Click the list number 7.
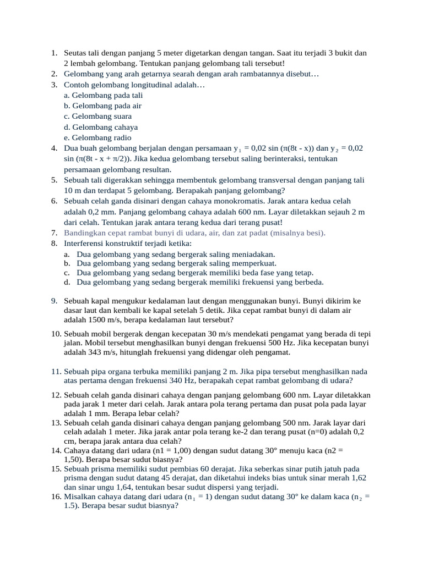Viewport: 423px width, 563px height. tap(55, 233)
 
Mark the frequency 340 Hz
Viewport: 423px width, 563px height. tap(170, 380)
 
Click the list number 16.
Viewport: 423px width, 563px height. tap(56, 496)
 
